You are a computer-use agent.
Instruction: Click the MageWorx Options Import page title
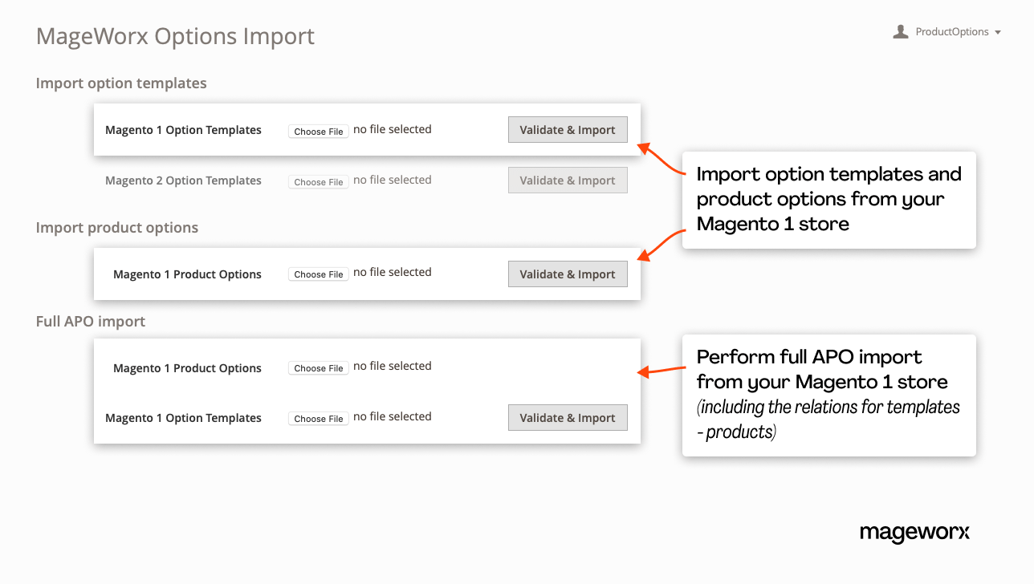tap(175, 36)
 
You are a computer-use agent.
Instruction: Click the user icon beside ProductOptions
tap(901, 31)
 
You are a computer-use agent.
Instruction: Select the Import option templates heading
tap(121, 83)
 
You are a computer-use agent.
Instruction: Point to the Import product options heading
tap(117, 228)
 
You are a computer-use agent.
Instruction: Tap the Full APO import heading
tap(91, 322)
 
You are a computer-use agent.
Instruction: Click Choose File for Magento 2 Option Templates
tap(319, 182)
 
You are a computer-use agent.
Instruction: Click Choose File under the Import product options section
tap(319, 274)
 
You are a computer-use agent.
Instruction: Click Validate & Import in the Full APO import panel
tap(568, 418)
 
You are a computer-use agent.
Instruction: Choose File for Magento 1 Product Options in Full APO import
tap(319, 368)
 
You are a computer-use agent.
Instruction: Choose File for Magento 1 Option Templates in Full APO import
tap(319, 419)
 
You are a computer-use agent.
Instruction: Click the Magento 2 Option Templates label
tap(183, 180)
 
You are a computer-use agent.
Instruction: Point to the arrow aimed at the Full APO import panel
tap(658, 371)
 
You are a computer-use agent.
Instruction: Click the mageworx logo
tap(914, 533)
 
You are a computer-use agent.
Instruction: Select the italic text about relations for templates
tap(828, 419)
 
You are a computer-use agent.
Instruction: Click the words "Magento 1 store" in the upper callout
tap(772, 224)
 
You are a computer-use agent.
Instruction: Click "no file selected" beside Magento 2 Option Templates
tap(393, 180)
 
